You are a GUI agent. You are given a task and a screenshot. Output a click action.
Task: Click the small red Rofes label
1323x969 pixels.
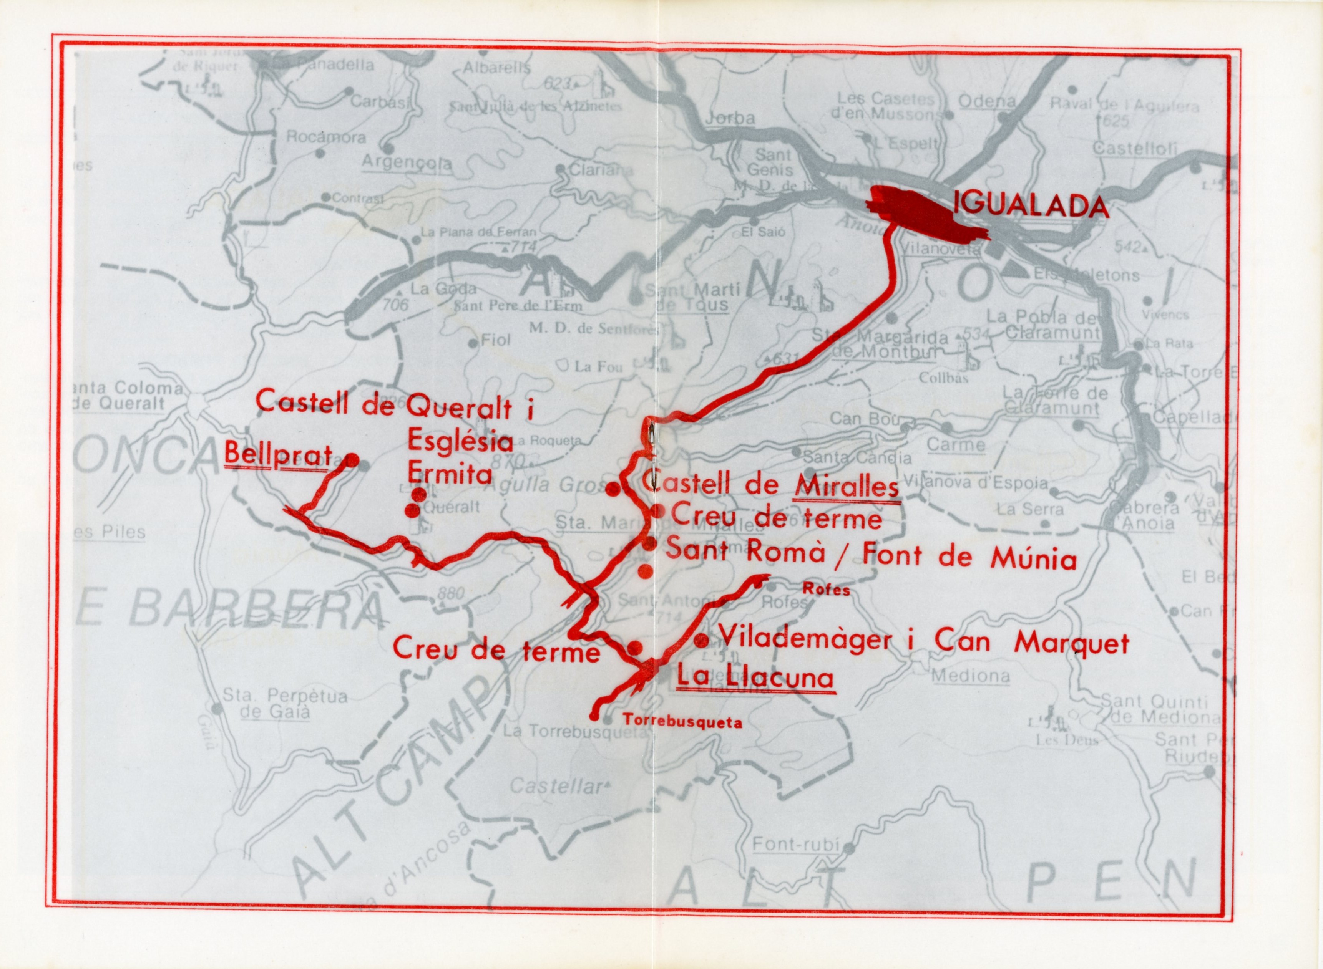tap(826, 590)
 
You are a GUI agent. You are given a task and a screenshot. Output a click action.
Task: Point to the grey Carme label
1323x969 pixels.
tap(956, 445)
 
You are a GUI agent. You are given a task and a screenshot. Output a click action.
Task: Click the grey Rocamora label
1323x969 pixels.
tap(325, 137)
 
